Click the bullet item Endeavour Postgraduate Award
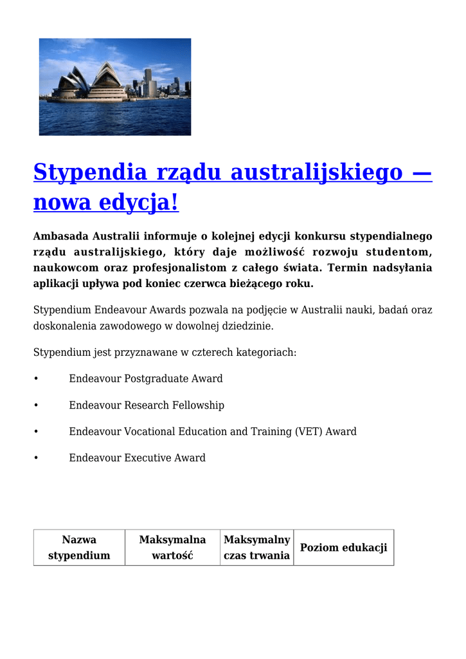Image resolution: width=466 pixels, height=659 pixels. coord(146,378)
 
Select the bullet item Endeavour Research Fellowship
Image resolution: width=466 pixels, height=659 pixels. coord(147,405)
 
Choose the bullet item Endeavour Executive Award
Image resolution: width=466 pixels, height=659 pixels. coord(137,458)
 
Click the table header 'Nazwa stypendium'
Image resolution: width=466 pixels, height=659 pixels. coord(79,547)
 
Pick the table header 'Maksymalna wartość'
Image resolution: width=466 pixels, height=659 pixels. coord(172,547)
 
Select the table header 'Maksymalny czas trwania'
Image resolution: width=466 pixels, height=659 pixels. coord(256,547)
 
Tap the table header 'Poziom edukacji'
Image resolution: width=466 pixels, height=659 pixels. coord(343,548)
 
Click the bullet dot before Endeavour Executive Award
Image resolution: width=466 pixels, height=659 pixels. coord(36,458)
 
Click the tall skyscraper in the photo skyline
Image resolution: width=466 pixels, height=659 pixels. coord(148,82)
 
